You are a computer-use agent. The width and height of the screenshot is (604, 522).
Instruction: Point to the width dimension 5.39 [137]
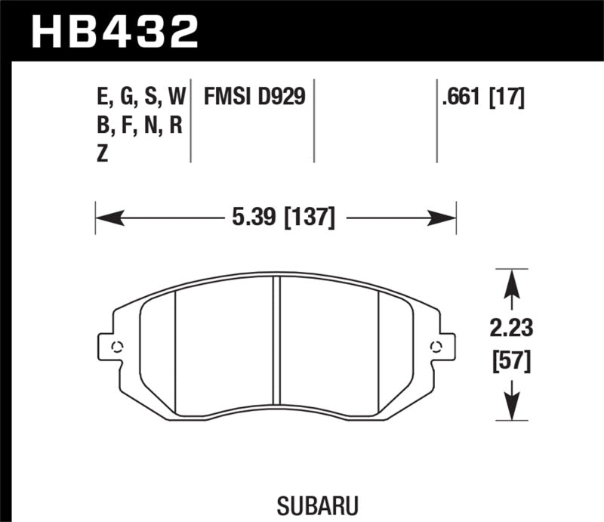pyautogui.click(x=280, y=219)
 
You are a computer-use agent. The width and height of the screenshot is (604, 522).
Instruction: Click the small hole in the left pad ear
pyautogui.click(x=116, y=347)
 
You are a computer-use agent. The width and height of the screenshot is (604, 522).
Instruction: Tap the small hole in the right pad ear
pyautogui.click(x=435, y=347)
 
